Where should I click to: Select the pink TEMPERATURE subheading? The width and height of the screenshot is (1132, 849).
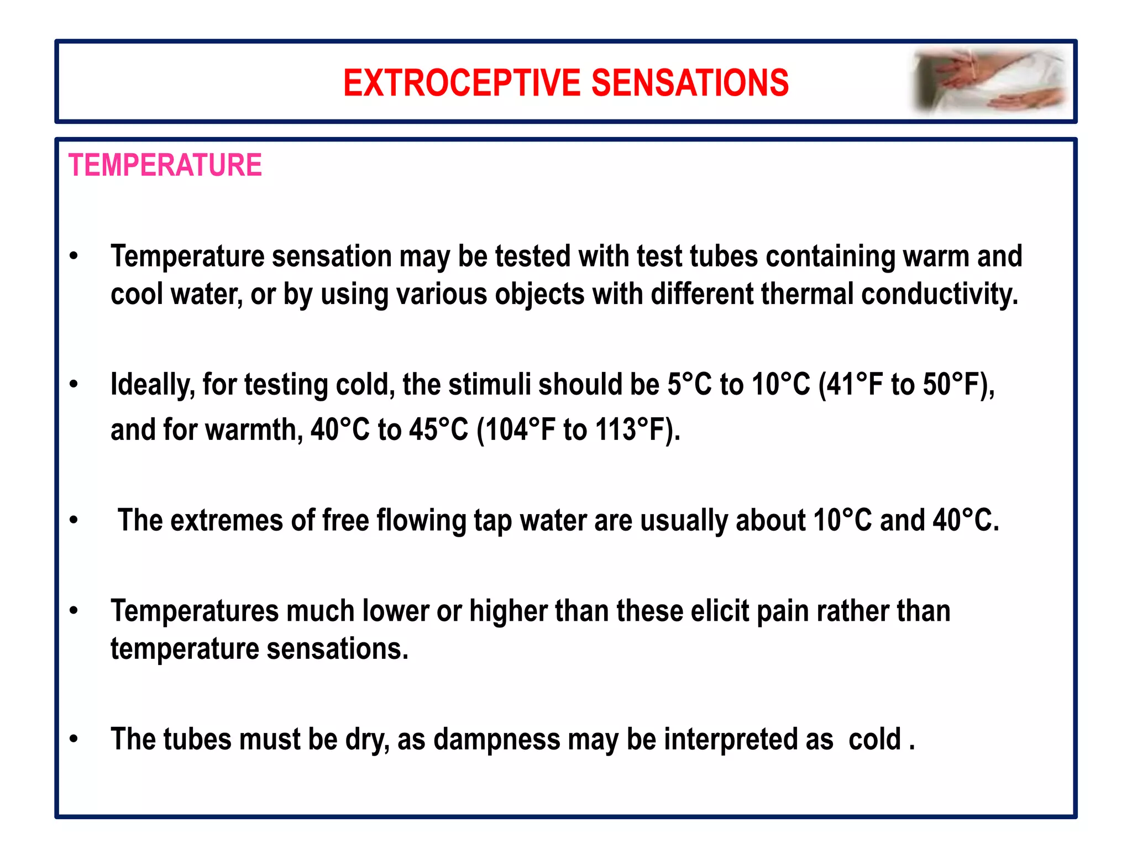click(165, 165)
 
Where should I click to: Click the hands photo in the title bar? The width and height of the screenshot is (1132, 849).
click(989, 82)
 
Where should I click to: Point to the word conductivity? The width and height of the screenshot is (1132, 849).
click(939, 294)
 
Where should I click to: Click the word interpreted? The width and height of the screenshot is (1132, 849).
click(748, 739)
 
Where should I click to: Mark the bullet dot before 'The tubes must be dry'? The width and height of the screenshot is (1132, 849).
click(74, 739)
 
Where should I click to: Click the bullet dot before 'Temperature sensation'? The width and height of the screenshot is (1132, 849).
click(74, 256)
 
